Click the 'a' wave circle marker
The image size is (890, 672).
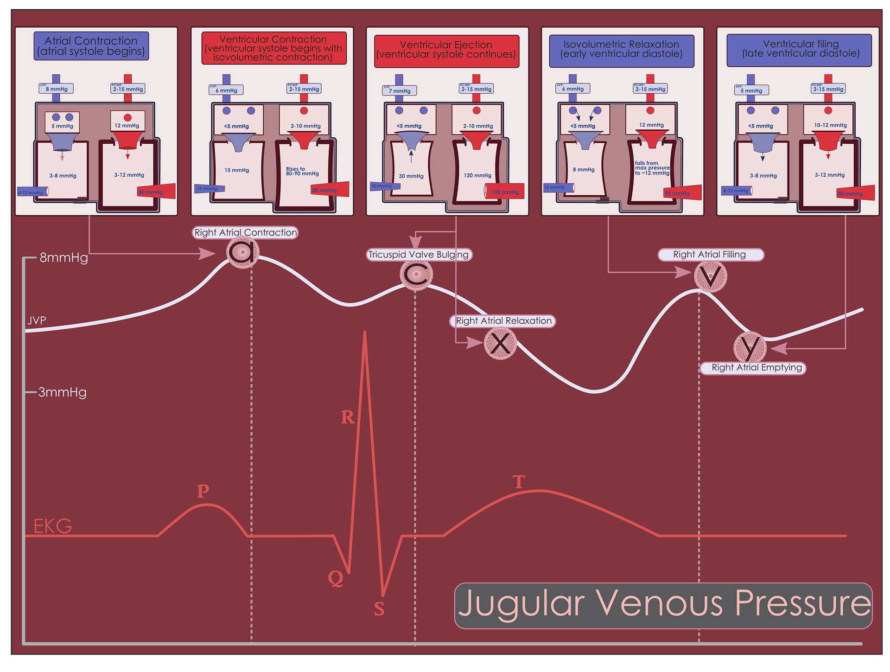click(243, 252)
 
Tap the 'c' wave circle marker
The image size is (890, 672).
click(416, 275)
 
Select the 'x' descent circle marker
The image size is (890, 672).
click(500, 343)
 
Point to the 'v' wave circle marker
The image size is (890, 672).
click(710, 276)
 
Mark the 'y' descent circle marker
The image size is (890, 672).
click(750, 347)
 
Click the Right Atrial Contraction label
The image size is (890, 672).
click(245, 232)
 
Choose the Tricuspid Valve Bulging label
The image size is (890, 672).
click(419, 255)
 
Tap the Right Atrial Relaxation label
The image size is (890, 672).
click(503, 321)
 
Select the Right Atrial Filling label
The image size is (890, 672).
click(710, 255)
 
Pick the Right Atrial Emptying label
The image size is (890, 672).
click(753, 368)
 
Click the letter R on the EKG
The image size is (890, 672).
click(348, 417)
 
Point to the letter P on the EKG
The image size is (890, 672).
click(203, 491)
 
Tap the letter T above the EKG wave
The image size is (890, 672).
click(519, 482)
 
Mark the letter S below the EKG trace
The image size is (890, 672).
click(379, 608)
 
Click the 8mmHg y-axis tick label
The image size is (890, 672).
click(64, 257)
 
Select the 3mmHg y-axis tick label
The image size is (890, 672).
click(62, 392)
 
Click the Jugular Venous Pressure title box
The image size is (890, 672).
click(663, 606)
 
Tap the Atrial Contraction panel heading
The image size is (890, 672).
click(91, 46)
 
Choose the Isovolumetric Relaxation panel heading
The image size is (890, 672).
click(621, 49)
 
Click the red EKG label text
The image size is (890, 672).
click(53, 526)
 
